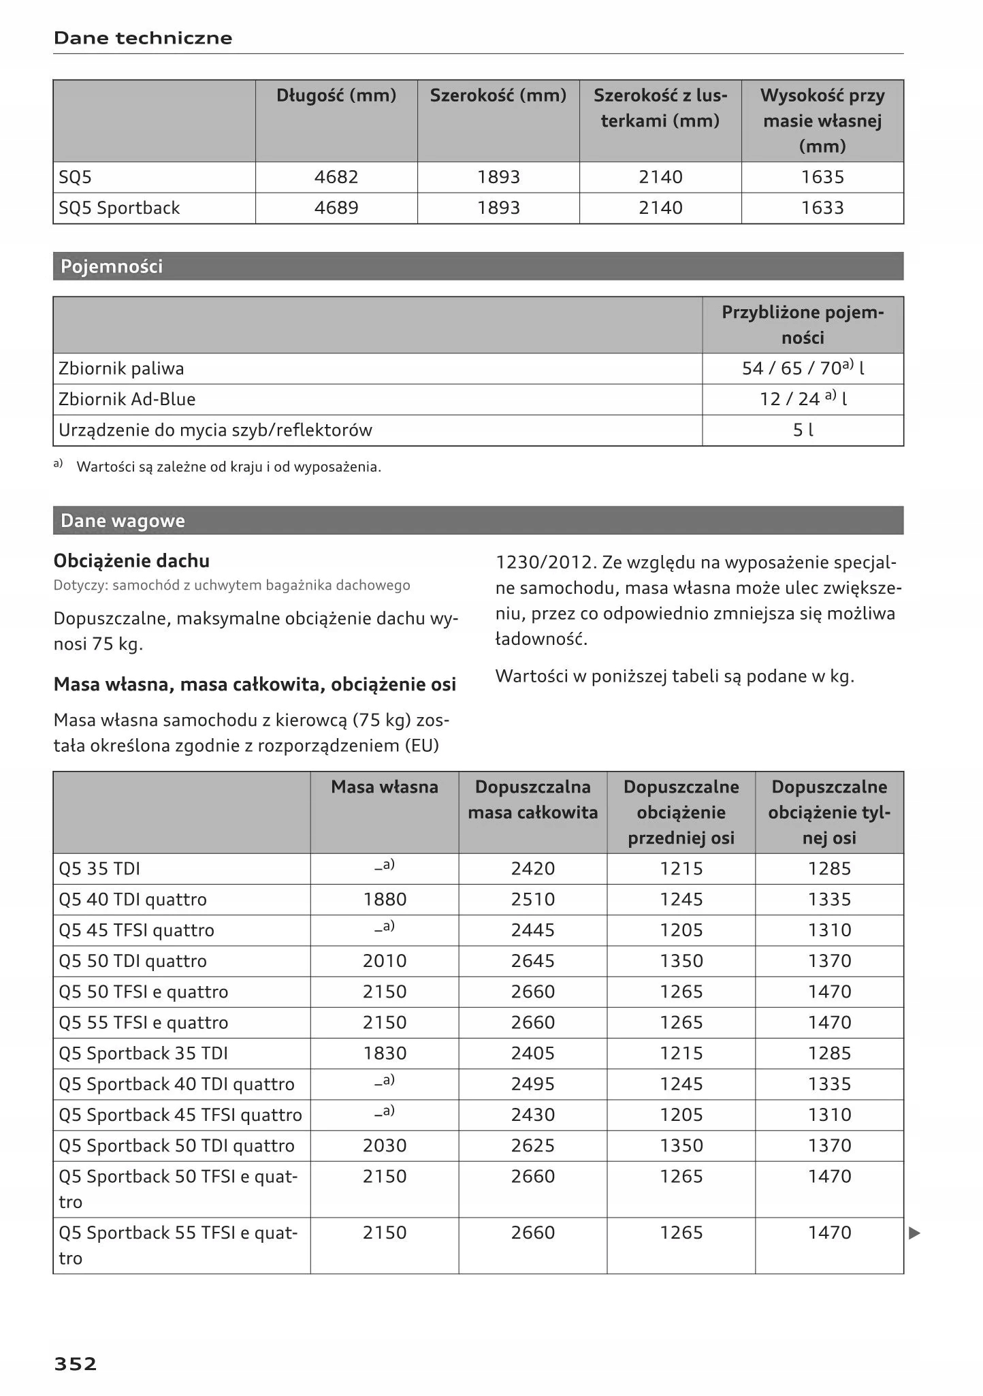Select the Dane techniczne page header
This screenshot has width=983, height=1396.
coord(143,38)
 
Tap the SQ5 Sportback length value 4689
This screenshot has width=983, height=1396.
coord(336,208)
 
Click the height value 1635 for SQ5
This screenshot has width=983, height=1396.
coord(822,177)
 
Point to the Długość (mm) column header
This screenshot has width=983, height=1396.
coord(336,95)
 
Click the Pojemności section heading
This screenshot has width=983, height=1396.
coord(112,266)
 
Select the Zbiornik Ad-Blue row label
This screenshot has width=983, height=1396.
coord(127,399)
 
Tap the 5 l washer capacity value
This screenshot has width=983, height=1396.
coord(803,430)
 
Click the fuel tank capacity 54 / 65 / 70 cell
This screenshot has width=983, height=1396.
coord(803,368)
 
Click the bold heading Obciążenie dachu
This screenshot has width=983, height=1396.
coord(131,561)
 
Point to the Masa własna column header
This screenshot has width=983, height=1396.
coord(385,787)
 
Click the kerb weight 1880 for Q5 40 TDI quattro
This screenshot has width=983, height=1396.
coord(385,900)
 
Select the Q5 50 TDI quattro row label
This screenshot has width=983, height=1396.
coord(133,961)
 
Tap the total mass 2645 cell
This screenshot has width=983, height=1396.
coord(533,961)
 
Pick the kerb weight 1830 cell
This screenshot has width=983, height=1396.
coord(385,1053)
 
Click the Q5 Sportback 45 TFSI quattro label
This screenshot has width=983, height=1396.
coord(180,1115)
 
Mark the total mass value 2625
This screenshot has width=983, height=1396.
coord(533,1145)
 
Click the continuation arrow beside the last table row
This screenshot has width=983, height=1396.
coord(915,1233)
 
